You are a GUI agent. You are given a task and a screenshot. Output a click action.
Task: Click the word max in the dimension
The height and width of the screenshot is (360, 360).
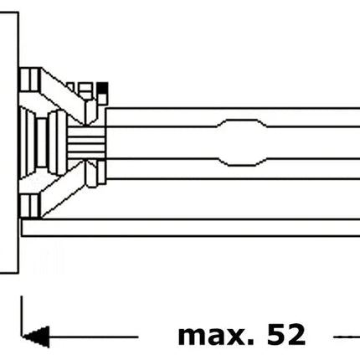[216, 335]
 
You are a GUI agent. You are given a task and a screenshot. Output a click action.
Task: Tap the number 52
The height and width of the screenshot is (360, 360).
[286, 334]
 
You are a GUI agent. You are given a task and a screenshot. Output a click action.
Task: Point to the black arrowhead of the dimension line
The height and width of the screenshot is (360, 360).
[36, 337]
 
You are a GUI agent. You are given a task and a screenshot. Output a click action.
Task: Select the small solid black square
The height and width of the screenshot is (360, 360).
[102, 88]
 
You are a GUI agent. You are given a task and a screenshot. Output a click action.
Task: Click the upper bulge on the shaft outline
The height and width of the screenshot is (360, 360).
[242, 122]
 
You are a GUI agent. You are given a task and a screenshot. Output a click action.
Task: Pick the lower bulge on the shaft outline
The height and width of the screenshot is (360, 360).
[242, 162]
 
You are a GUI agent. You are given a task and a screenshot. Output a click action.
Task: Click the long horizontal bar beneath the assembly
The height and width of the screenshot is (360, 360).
[191, 228]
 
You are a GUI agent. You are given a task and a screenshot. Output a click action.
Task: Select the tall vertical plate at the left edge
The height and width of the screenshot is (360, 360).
[9, 142]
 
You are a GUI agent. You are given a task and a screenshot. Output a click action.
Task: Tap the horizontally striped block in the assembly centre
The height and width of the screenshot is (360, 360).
[86, 143]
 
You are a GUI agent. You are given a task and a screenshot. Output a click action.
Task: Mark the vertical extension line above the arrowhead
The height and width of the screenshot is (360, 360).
[22, 316]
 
